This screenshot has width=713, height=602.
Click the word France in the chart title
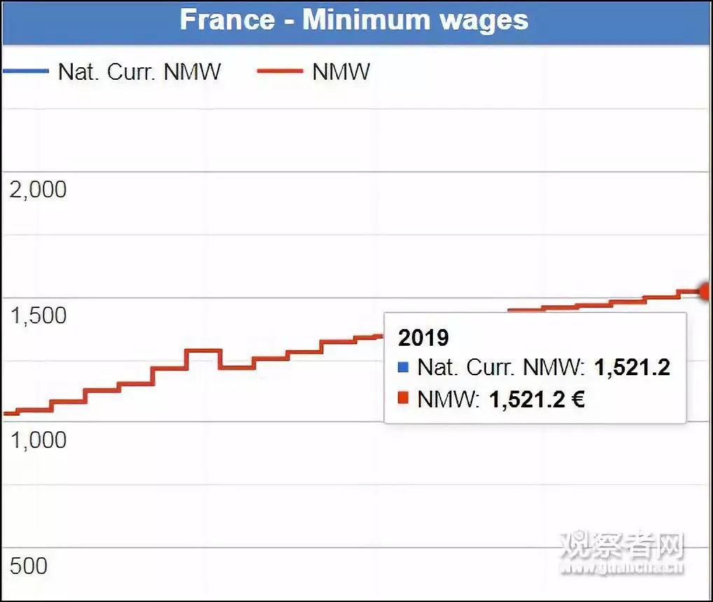pyautogui.click(x=227, y=19)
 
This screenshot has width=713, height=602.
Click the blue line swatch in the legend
pyautogui.click(x=25, y=71)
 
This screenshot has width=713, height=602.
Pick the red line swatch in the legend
pyautogui.click(x=280, y=71)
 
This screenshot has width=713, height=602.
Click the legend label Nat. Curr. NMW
pyautogui.click(x=139, y=71)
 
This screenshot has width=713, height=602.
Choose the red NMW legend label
pyautogui.click(x=341, y=71)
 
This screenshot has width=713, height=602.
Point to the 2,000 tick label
pyautogui.click(x=38, y=189)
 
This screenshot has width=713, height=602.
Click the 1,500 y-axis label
pyautogui.click(x=38, y=315)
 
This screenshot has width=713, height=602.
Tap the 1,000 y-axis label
pyautogui.click(x=38, y=440)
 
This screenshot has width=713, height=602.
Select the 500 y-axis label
pyautogui.click(x=29, y=565)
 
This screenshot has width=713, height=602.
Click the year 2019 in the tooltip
pyautogui.click(x=423, y=337)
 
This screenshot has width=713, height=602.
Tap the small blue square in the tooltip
pyautogui.click(x=403, y=366)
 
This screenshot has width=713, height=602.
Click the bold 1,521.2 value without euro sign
pyautogui.click(x=632, y=367)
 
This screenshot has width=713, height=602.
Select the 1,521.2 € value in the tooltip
pyautogui.click(x=537, y=399)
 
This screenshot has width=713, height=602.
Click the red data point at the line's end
pyautogui.click(x=706, y=290)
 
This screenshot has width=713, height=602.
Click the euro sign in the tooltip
pyautogui.click(x=577, y=399)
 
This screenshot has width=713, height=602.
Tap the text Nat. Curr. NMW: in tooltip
pyautogui.click(x=501, y=367)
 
